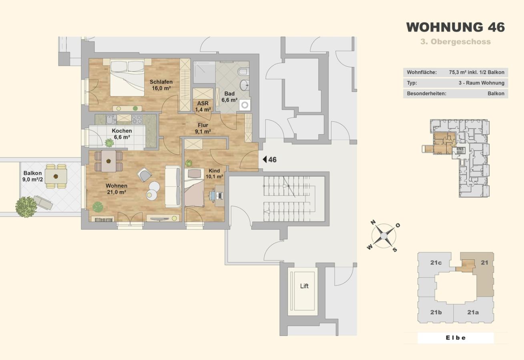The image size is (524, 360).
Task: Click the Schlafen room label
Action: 161,85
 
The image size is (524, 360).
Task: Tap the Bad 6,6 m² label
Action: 229,97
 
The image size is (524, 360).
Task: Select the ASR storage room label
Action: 203,106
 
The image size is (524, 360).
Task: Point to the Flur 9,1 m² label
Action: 203,128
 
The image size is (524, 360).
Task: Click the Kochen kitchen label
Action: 122,134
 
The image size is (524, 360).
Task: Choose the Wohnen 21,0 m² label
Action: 116,189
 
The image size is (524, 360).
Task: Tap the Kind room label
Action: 214,174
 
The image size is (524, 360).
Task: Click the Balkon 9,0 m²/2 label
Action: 32,176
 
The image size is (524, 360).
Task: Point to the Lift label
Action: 304,286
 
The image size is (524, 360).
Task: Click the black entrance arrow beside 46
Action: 265,160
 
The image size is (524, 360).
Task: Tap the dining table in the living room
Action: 108,161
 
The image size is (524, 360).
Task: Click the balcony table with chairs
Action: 56,176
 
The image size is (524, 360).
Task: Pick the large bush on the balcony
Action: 26,207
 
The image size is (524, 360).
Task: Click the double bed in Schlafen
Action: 127,77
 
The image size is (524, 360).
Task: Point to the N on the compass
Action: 373,222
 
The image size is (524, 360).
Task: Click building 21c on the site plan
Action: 436,262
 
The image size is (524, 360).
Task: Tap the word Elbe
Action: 456,338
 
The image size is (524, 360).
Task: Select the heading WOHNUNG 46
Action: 456,27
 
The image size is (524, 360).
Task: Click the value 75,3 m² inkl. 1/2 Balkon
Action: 476,72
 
